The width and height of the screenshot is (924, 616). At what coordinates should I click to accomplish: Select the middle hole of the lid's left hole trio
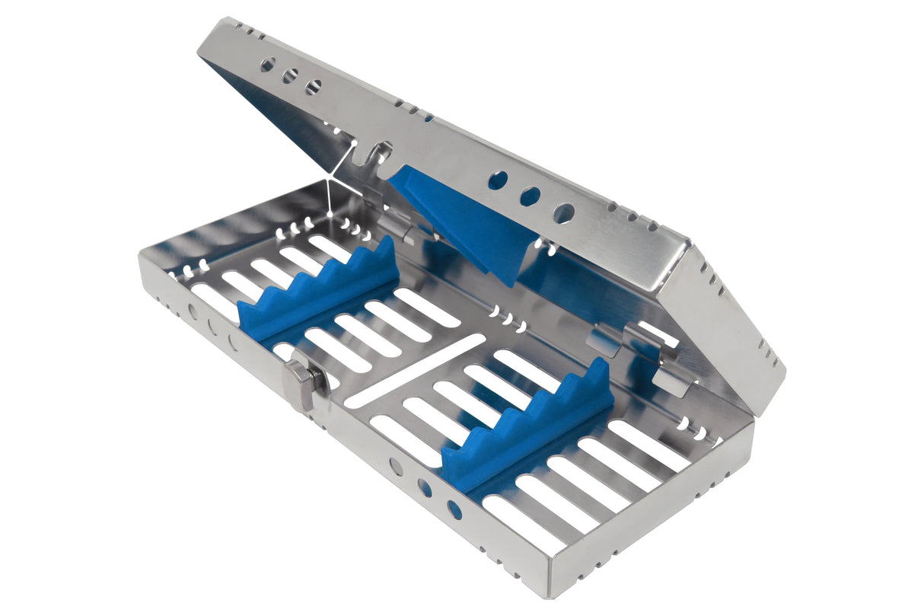290,76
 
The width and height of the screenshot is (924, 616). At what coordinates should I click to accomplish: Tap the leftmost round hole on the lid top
268,65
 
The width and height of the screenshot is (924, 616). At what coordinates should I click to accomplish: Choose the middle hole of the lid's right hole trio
530,197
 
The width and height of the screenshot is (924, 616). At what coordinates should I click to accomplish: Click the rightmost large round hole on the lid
563,213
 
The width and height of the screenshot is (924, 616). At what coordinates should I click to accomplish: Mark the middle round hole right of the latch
425,488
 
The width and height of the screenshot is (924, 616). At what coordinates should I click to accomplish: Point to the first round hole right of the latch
397,467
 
